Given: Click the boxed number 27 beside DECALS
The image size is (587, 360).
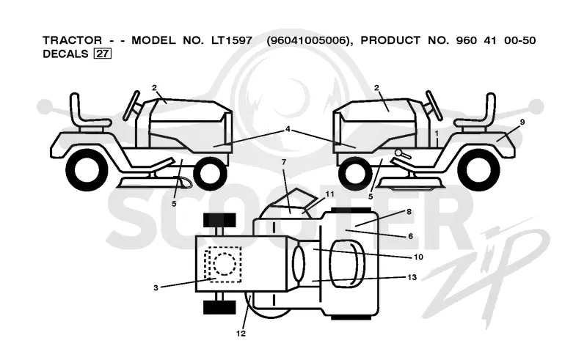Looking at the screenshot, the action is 102,54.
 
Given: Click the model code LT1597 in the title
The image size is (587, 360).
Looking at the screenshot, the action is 232,40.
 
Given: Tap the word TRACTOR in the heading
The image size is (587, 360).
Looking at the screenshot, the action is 72,40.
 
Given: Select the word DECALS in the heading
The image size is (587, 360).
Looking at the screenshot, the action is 65,54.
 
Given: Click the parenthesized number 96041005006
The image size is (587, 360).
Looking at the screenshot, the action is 309,40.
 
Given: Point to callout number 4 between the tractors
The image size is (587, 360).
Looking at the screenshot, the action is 288,129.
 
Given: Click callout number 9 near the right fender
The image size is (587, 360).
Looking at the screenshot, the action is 522,122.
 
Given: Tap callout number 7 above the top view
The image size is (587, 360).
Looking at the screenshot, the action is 284,162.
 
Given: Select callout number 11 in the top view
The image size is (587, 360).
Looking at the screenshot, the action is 329,194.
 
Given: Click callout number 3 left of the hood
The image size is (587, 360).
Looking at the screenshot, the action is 156,287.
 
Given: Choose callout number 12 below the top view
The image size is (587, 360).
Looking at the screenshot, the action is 241,333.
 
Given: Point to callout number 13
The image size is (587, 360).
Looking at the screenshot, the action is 412,277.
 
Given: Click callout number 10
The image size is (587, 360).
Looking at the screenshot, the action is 418,257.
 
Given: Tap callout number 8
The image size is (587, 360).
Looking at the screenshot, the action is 409,212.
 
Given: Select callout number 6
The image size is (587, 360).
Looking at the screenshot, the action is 410,236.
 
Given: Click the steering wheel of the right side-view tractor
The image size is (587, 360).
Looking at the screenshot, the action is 434,105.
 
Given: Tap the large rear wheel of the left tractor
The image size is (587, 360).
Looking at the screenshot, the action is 87,170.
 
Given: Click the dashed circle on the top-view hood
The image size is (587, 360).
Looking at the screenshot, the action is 225,264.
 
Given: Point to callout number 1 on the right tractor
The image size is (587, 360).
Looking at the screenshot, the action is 437,133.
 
